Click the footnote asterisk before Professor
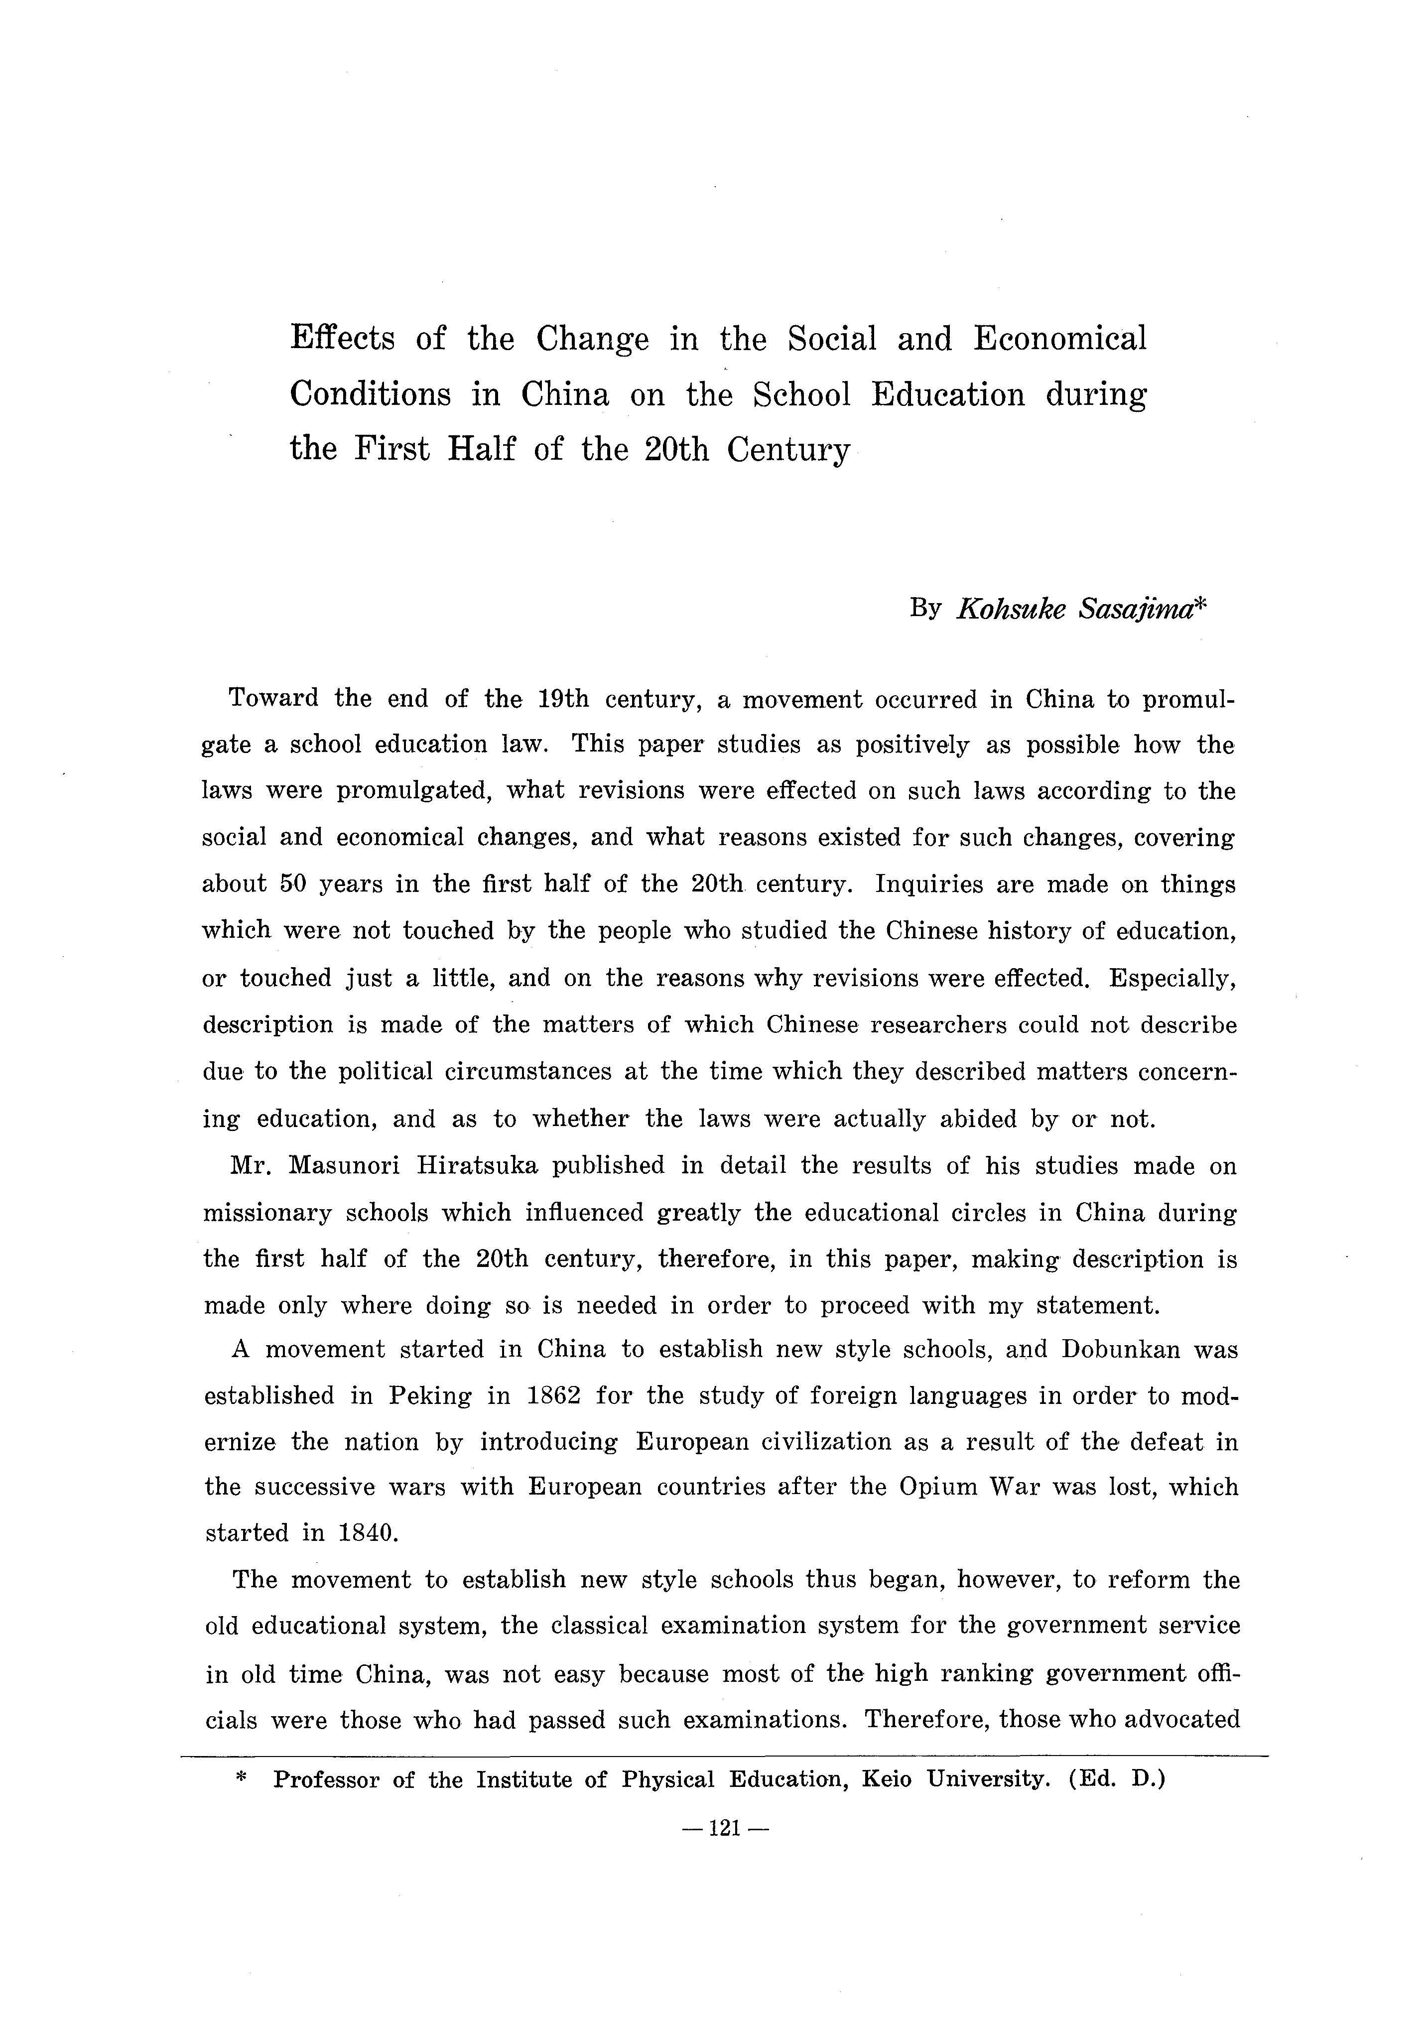[x=243, y=1778]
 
